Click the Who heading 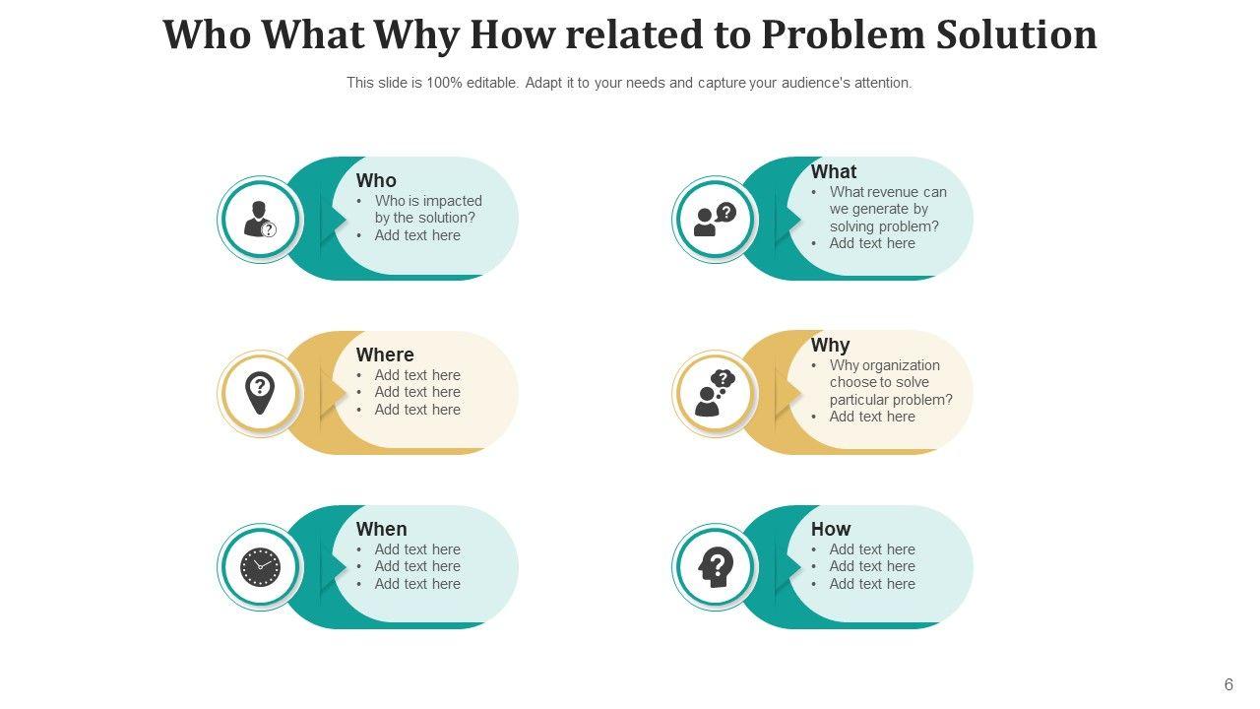tap(376, 180)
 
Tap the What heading tap(833, 171)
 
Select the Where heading tap(385, 354)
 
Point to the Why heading tap(830, 345)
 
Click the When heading tap(381, 529)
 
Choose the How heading tap(830, 529)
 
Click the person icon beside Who tap(260, 219)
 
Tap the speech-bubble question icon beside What tap(715, 219)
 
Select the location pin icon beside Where tap(260, 393)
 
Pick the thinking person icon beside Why tap(715, 393)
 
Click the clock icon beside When tap(260, 567)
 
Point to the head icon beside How tap(715, 567)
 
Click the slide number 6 tap(1228, 684)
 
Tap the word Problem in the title tap(843, 35)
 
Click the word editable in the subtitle tap(491, 83)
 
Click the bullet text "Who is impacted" tap(428, 201)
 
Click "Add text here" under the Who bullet tap(417, 235)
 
